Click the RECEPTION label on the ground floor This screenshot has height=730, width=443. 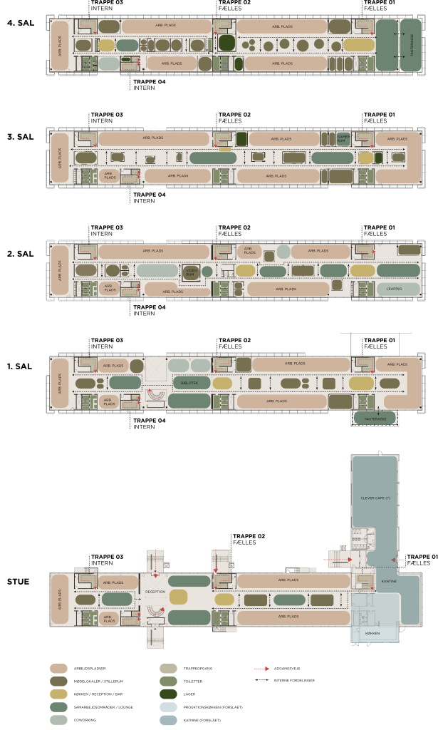tap(155, 592)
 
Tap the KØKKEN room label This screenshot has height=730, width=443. tap(372, 633)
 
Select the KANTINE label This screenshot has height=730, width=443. tap(389, 582)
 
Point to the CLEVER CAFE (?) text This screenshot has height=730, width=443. tap(375, 498)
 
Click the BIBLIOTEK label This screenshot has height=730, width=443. tap(189, 383)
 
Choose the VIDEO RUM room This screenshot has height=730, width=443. tap(190, 272)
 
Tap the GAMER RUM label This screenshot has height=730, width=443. tap(343, 138)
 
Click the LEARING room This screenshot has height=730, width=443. tap(394, 289)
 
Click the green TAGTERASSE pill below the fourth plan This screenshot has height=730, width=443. tap(375, 418)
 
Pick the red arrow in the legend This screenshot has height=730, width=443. tap(262, 669)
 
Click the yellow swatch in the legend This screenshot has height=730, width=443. tap(58, 694)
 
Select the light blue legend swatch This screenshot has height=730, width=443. tap(168, 707)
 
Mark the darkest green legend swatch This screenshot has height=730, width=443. tap(168, 694)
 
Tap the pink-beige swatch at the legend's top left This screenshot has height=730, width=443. tap(58, 669)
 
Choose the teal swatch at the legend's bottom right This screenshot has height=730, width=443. tap(168, 720)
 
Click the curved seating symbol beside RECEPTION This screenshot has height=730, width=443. tap(155, 610)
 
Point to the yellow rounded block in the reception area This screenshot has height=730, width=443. tap(178, 597)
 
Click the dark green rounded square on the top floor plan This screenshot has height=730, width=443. tap(226, 43)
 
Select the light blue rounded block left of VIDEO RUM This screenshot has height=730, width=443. tap(157, 271)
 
